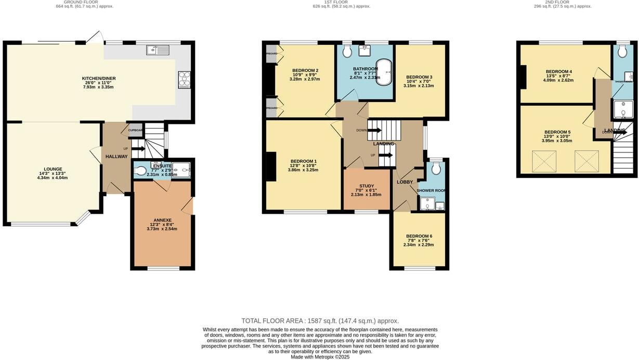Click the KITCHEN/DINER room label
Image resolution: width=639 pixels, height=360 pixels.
[x=99, y=79]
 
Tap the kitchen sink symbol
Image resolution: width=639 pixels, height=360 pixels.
[x=158, y=50]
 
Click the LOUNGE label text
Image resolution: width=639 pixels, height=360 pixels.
[x=53, y=169]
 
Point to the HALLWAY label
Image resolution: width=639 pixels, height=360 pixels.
[x=116, y=157]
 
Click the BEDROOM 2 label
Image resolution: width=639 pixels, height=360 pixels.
[x=305, y=71]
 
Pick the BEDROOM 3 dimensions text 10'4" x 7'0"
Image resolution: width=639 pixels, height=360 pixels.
[x=419, y=81]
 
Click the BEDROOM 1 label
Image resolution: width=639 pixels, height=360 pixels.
[x=304, y=161]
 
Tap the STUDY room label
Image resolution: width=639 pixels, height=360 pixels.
[x=367, y=186]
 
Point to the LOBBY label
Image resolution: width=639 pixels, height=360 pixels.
[x=405, y=182]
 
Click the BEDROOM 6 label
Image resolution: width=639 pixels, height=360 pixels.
[x=419, y=236]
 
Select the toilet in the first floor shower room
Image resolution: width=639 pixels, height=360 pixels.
[x=436, y=168]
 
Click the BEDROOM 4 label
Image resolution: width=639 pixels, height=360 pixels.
[x=558, y=72]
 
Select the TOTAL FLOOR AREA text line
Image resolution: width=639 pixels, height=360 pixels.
[x=320, y=321]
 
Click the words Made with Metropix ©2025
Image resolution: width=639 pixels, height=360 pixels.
[x=320, y=357]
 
